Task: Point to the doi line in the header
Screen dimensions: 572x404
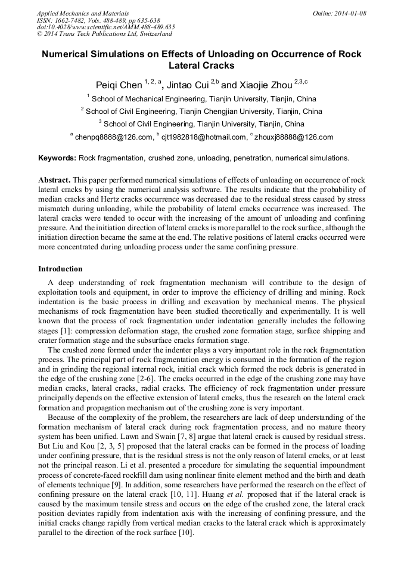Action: (105, 27)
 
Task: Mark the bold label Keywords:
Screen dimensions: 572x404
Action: (57, 158)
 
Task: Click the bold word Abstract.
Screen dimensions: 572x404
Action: (55, 180)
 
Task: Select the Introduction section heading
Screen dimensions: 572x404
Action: (60, 269)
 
